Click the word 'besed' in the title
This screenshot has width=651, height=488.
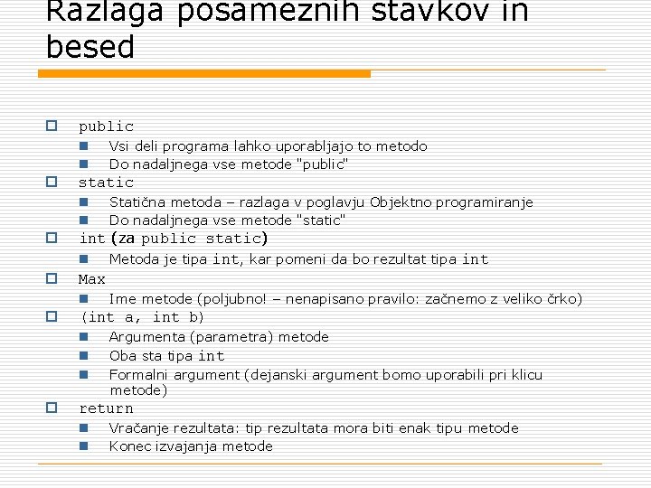(x=90, y=47)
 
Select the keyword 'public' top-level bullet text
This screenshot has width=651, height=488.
(x=106, y=127)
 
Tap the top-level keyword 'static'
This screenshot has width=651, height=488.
(x=106, y=183)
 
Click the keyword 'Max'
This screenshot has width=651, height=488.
(x=92, y=279)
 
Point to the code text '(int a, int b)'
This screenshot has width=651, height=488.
(x=143, y=317)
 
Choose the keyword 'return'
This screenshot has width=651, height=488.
(x=106, y=408)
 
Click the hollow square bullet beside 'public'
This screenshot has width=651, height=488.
(x=52, y=126)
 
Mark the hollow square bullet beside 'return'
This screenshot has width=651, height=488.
(x=52, y=408)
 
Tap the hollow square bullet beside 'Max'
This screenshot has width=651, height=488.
(x=52, y=278)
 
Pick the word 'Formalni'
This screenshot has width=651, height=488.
(x=137, y=374)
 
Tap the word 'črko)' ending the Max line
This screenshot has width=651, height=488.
(x=562, y=298)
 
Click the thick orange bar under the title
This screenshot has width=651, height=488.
(x=208, y=73)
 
